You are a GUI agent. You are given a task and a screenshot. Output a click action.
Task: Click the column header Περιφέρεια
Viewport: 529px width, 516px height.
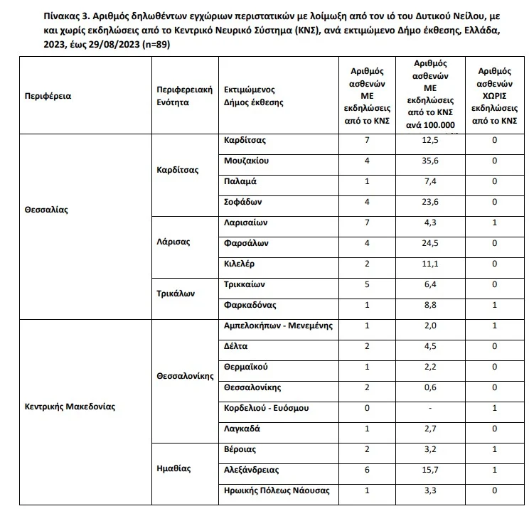48,95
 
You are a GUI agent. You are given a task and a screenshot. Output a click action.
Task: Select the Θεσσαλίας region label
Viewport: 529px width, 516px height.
48,210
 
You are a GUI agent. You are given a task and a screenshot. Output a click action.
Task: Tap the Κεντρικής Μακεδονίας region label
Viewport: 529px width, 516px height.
69,407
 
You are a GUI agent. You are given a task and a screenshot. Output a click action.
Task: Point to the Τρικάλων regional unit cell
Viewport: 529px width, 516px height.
176,294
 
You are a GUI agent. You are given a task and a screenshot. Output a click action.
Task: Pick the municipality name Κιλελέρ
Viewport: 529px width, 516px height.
240,263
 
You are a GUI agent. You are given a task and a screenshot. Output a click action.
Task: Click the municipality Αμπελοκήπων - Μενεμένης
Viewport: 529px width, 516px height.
278,326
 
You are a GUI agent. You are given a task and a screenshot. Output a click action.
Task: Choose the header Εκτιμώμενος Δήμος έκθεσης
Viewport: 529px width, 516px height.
253,95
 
